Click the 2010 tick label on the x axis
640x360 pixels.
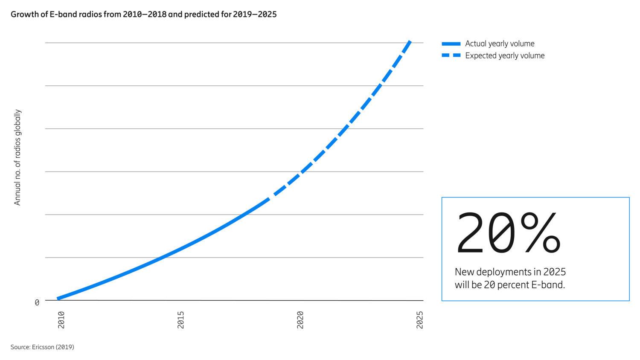(x=61, y=320)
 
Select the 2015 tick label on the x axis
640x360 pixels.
(x=180, y=320)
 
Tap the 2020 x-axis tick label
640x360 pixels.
(x=300, y=320)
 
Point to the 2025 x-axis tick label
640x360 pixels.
(x=419, y=320)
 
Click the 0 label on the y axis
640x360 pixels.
(x=37, y=303)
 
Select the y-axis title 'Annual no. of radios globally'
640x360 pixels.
(x=17, y=157)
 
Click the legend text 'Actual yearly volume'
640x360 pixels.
(x=500, y=44)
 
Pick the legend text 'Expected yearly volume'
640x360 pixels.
(x=505, y=55)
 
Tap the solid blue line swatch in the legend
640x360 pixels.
(x=451, y=44)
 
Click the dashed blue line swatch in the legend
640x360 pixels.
(x=451, y=55)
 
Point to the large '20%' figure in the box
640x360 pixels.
(x=508, y=234)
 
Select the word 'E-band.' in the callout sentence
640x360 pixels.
(x=548, y=285)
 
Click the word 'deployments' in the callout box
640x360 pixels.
(x=509, y=272)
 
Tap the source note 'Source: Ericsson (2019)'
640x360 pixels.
(x=42, y=347)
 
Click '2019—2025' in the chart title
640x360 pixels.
(x=255, y=15)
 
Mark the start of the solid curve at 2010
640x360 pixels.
(x=58, y=299)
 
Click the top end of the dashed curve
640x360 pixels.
(x=410, y=41)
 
